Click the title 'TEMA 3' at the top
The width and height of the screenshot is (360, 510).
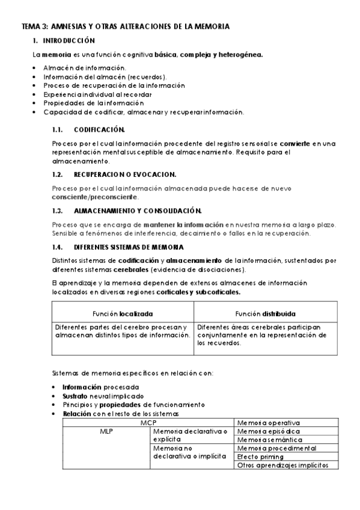coord(35,27)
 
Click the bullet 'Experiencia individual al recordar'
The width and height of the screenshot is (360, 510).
coord(97,94)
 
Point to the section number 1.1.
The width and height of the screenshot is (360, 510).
coord(58,129)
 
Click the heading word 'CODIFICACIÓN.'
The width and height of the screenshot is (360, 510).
coord(99,129)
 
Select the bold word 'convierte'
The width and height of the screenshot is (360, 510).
coord(296,143)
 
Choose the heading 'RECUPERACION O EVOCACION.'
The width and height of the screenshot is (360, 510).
coord(124,174)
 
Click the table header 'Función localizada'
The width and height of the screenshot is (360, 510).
coord(123,313)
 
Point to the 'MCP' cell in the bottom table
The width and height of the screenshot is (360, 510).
coord(148,423)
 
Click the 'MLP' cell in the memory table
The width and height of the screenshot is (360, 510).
coord(106,431)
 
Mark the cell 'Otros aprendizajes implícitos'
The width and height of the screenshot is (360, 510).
coord(282,465)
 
